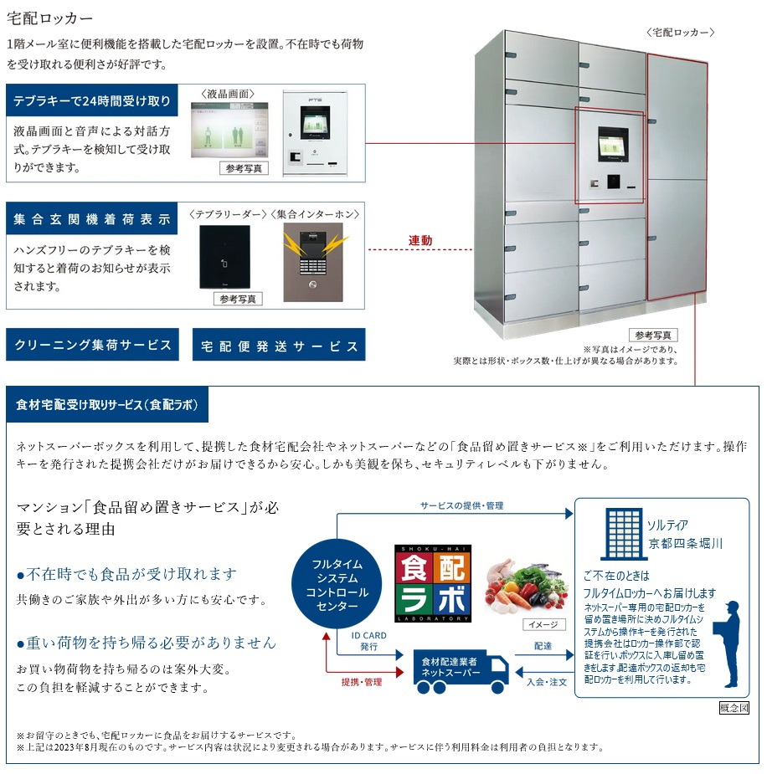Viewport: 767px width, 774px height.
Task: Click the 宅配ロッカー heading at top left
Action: coord(49,18)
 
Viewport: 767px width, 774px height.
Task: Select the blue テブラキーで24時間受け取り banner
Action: coord(92,102)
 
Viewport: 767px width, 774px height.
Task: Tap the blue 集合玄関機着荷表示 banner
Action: coord(92,220)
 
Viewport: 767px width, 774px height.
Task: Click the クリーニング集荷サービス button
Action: coord(92,345)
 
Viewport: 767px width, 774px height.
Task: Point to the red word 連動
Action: coord(420,241)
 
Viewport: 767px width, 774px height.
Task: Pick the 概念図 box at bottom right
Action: coord(734,708)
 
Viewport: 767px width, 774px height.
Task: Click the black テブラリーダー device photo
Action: coord(224,257)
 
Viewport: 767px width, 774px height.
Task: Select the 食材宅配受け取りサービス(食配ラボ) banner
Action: coord(107,405)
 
